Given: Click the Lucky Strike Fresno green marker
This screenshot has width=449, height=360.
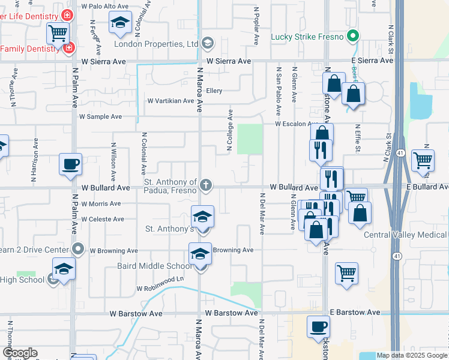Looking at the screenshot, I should [354, 37].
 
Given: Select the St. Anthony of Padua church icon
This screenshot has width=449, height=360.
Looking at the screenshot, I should [206, 185].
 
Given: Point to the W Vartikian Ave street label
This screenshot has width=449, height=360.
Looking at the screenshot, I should [170, 101].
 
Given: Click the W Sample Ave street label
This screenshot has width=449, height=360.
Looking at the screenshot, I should [100, 116].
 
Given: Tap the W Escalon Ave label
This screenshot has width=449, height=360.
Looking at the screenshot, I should [296, 124].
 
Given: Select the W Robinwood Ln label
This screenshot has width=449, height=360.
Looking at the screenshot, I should [160, 288].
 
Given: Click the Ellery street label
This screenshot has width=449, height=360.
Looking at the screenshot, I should [214, 91].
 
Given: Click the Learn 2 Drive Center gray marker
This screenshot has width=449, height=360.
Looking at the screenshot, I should [78, 249].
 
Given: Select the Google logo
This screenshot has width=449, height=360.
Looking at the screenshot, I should [20, 353].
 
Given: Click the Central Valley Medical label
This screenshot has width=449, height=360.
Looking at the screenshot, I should [406, 234].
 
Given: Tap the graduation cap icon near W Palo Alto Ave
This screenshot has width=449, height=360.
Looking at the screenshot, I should [120, 23].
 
